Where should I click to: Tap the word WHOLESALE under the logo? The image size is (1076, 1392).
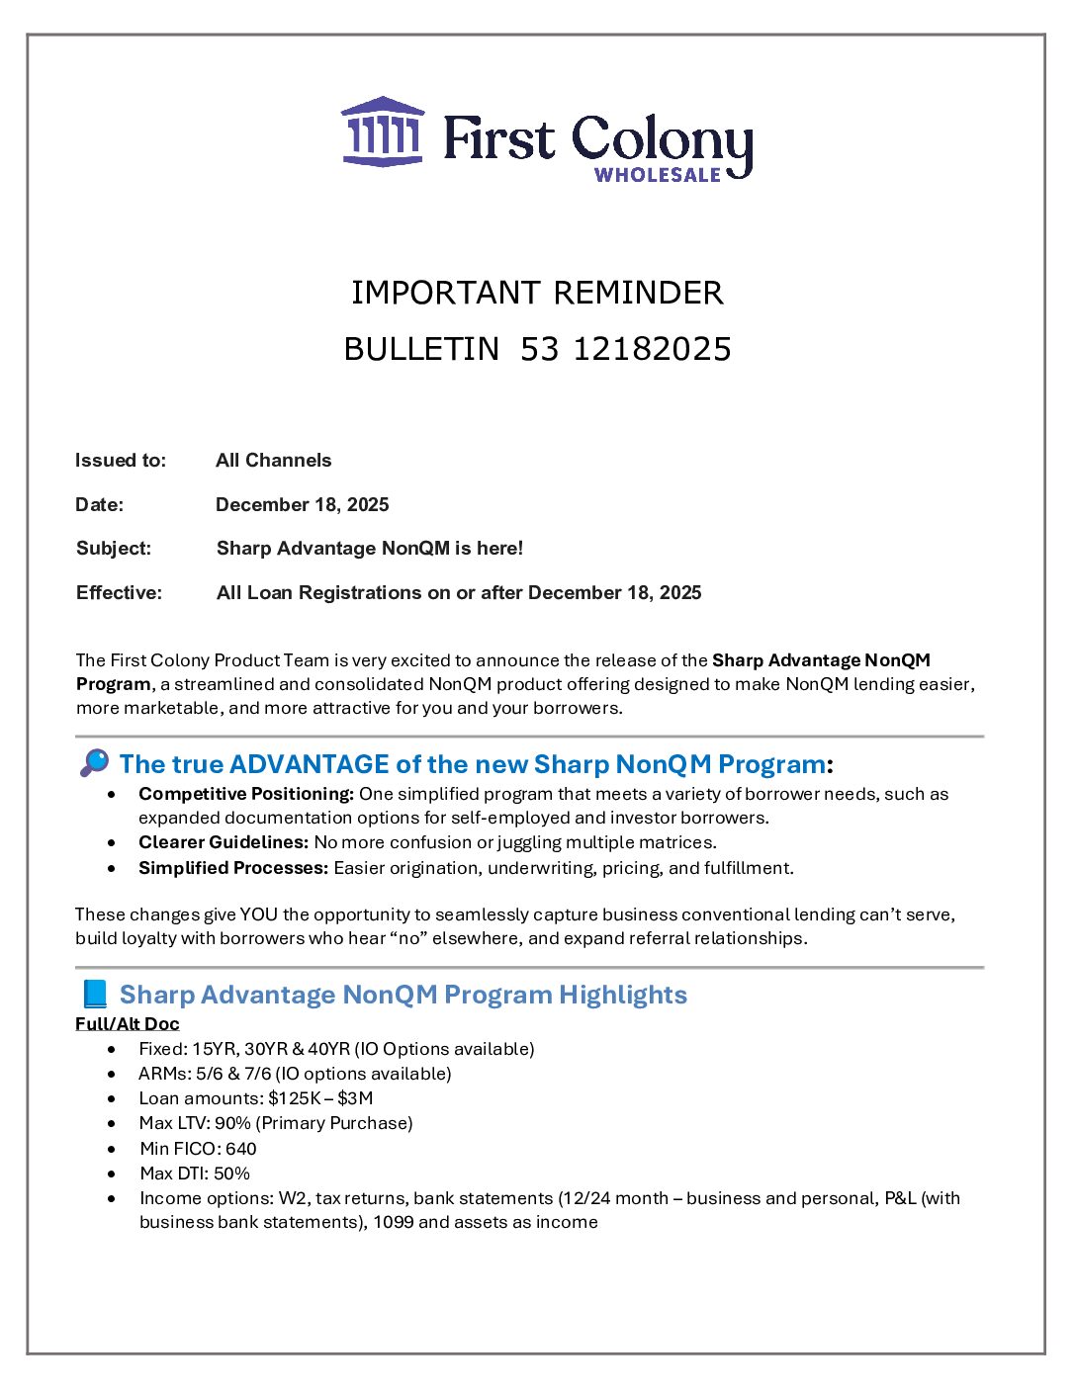pyautogui.click(x=658, y=175)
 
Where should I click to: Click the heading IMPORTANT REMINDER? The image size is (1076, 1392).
pyautogui.click(x=537, y=293)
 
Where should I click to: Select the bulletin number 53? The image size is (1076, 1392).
pyautogui.click(x=540, y=349)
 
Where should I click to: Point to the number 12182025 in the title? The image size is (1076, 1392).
pyautogui.click(x=652, y=349)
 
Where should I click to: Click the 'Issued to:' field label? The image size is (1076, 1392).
pyautogui.click(x=121, y=460)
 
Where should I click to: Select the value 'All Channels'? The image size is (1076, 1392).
pyautogui.click(x=273, y=460)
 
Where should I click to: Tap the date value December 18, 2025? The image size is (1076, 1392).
pyautogui.click(x=302, y=504)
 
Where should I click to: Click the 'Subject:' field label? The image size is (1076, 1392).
pyautogui.click(x=114, y=548)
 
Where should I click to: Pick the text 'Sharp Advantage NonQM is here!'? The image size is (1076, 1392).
pyautogui.click(x=370, y=548)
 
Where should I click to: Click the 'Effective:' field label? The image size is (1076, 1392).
pyautogui.click(x=119, y=592)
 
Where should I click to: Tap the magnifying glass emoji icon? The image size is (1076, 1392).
pyautogui.click(x=94, y=763)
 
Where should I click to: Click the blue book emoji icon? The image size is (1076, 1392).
pyautogui.click(x=94, y=994)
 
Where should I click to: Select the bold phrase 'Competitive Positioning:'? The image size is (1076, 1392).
pyautogui.click(x=246, y=794)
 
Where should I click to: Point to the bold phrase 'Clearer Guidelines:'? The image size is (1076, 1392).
pyautogui.click(x=224, y=842)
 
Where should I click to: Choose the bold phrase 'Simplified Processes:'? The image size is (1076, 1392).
pyautogui.click(x=233, y=868)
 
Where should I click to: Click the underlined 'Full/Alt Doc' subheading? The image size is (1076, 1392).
pyautogui.click(x=128, y=1023)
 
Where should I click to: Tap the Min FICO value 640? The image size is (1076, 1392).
pyautogui.click(x=240, y=1149)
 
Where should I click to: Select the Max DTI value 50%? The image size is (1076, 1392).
pyautogui.click(x=231, y=1174)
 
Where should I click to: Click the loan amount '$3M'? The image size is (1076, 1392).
pyautogui.click(x=355, y=1098)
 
